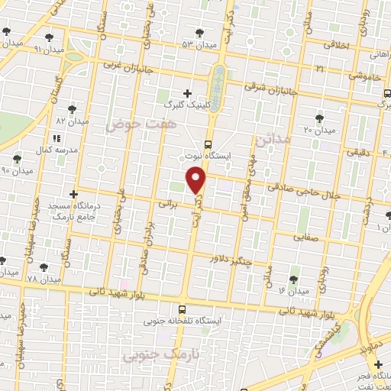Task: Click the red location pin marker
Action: coord(197,180)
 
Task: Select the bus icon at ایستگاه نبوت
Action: coord(208,144)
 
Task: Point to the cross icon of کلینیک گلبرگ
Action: coord(188,93)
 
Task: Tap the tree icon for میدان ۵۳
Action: coord(199,32)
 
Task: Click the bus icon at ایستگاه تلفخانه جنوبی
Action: coord(182,309)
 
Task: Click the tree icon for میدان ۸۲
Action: coord(73,109)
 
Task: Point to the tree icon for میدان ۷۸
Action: coord(43,267)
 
